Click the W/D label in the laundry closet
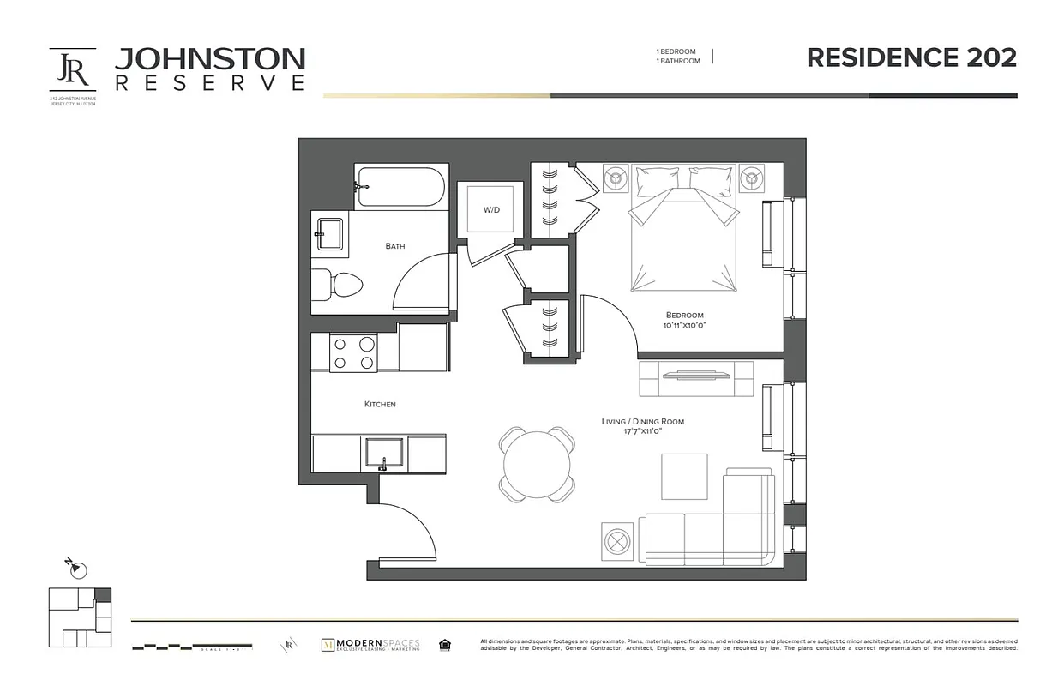(x=491, y=209)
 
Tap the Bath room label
(x=395, y=246)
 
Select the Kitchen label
(x=380, y=404)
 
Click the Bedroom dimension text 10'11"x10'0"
(x=683, y=326)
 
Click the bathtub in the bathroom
(x=400, y=186)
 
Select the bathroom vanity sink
(x=330, y=233)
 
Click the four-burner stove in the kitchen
(x=354, y=353)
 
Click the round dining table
(x=537, y=464)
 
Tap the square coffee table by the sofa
(x=684, y=476)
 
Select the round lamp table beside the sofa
(x=617, y=541)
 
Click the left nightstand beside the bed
(x=616, y=179)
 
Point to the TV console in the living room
(x=695, y=377)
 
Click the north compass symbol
(x=77, y=568)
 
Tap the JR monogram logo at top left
(x=72, y=70)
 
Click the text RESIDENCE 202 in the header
(x=911, y=57)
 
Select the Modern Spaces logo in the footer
(x=370, y=645)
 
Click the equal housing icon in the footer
(x=445, y=645)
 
